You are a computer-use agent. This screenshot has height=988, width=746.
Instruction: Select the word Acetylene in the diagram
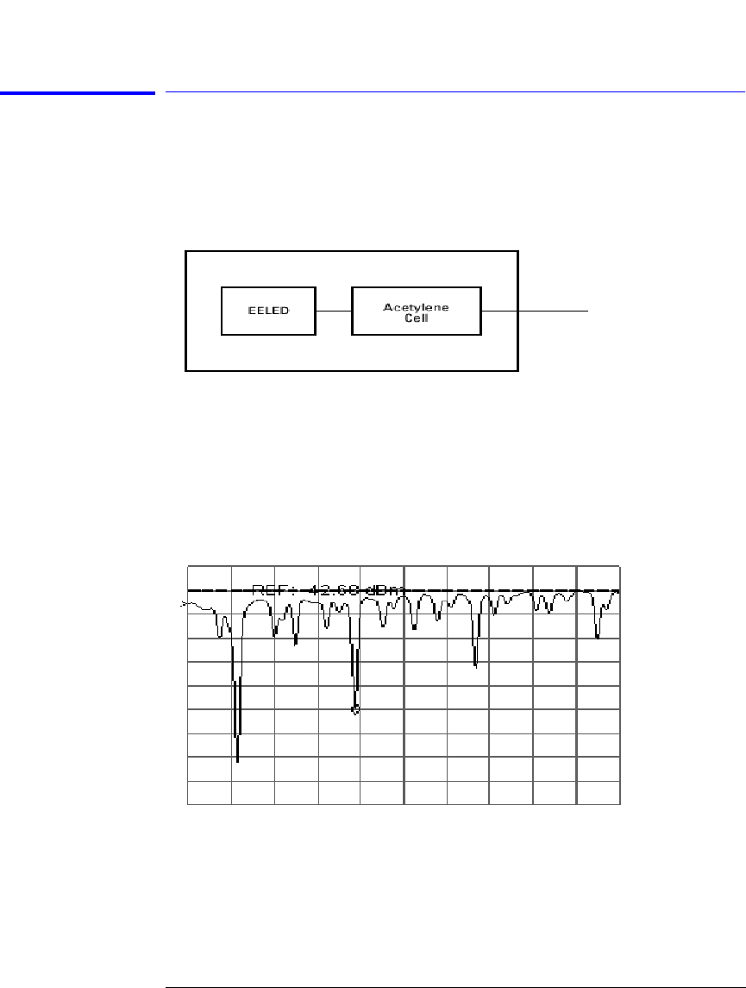coord(417,306)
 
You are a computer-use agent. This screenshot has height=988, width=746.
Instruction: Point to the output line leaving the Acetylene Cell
coord(552,311)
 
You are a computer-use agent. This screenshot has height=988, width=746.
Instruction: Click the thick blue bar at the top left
coord(78,91)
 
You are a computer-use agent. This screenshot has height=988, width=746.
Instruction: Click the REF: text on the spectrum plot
coord(269,590)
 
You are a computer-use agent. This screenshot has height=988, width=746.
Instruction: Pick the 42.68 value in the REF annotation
coord(328,590)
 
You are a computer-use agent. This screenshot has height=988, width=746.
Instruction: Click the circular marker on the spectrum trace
coord(355,709)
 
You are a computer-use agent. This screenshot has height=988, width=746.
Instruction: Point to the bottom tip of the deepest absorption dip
coord(237,761)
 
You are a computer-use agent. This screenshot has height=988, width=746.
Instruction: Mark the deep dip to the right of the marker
coord(475,665)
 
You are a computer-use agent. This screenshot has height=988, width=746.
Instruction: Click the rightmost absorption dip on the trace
coord(598,637)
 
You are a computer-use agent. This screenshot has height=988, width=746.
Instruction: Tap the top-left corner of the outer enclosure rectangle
coord(186,251)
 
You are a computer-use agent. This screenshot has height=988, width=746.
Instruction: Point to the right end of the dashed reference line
coord(618,590)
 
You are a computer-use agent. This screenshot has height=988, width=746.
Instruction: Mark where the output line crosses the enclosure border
coord(517,311)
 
